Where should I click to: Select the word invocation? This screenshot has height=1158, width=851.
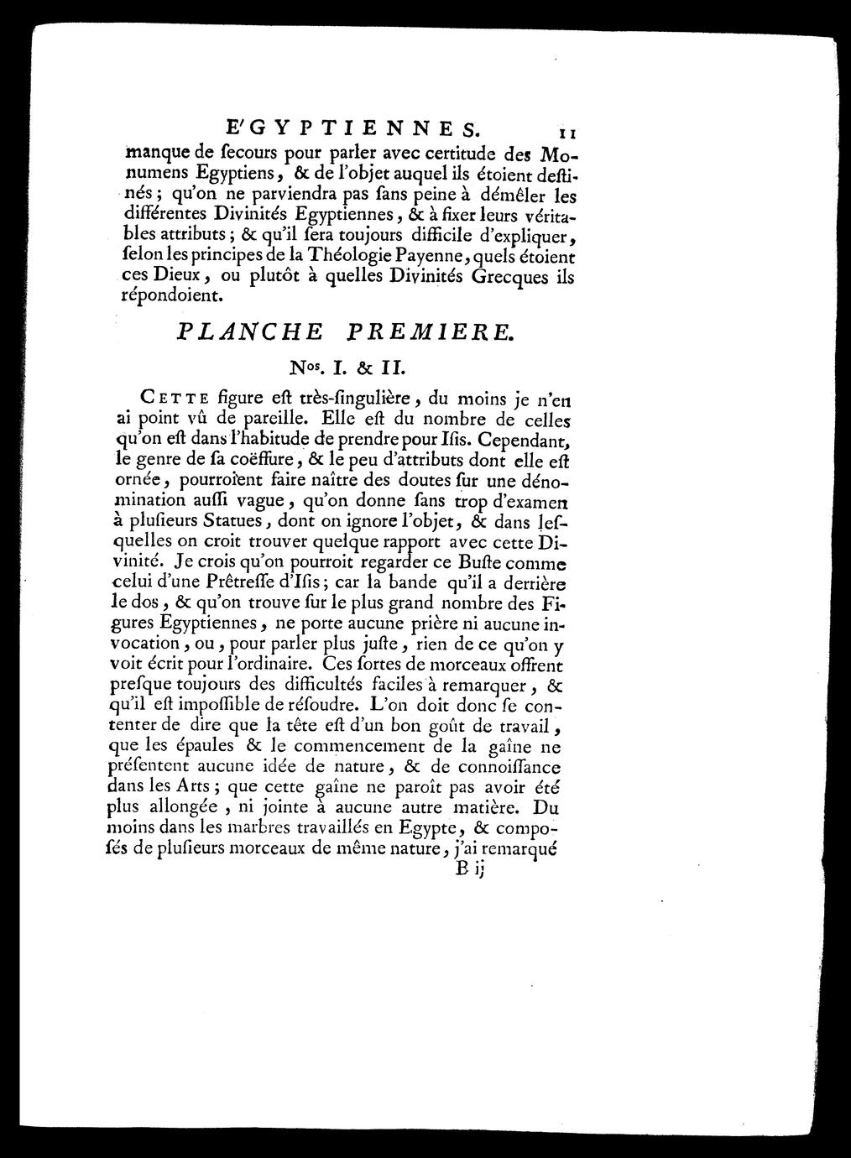point(151,642)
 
